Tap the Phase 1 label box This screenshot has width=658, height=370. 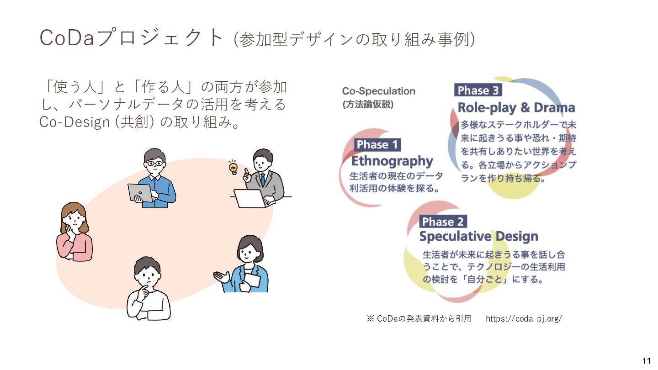pyautogui.click(x=377, y=145)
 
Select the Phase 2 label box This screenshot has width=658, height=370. pyautogui.click(x=443, y=222)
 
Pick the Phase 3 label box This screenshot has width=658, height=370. pyautogui.click(x=478, y=90)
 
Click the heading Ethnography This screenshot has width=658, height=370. pyautogui.click(x=392, y=161)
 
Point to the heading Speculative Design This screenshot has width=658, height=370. pyautogui.click(x=478, y=237)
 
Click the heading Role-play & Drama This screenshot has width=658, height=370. pyautogui.click(x=516, y=108)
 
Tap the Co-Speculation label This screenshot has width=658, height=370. pyautogui.click(x=379, y=91)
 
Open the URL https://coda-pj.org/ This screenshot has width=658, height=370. pyautogui.click(x=524, y=318)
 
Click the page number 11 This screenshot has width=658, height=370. pyautogui.click(x=647, y=359)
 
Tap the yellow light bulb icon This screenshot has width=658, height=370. pyautogui.click(x=233, y=168)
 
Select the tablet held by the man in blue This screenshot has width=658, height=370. pyautogui.click(x=140, y=193)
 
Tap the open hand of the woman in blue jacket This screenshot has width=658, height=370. pyautogui.click(x=222, y=277)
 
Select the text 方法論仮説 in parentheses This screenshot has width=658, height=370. pyautogui.click(x=368, y=104)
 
